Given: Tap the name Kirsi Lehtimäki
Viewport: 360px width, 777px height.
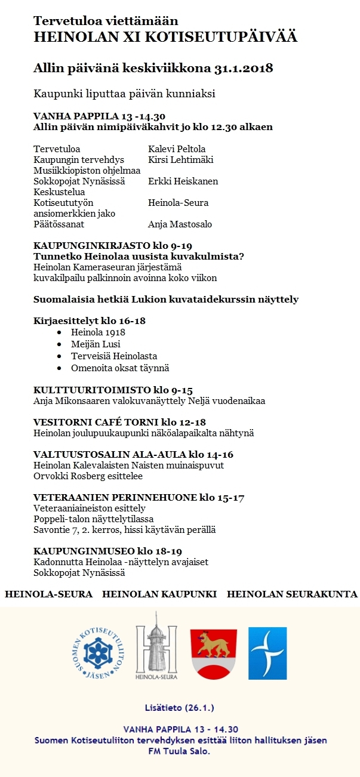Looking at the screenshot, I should (180, 160).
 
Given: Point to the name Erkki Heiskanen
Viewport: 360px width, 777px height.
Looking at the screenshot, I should (183, 181).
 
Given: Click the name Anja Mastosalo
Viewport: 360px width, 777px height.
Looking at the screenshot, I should (180, 224).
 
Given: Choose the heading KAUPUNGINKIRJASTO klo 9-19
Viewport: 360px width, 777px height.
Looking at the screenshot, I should (113, 246).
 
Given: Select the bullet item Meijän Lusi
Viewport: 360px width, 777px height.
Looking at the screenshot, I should (96, 344).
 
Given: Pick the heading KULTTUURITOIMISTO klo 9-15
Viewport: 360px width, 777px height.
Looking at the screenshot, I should (113, 390).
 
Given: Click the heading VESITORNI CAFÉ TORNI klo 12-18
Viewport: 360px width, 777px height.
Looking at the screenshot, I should (119, 422).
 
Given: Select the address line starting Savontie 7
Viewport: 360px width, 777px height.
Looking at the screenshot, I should (124, 529).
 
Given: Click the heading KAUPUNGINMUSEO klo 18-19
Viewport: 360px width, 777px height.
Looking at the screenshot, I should (107, 551).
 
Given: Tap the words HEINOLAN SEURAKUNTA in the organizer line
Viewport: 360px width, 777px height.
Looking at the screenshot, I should (292, 594).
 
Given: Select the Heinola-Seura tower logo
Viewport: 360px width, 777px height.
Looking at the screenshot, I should (156, 646).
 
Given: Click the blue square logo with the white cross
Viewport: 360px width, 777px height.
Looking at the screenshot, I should (267, 653).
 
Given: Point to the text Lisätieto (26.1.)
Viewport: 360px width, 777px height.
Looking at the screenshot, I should (180, 708).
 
